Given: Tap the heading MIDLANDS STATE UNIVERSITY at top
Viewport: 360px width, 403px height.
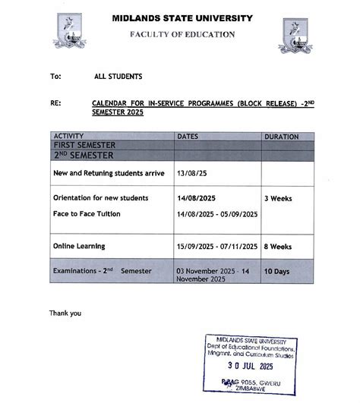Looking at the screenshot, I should [182, 17].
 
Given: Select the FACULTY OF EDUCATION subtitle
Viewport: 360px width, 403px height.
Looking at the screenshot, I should [182, 34].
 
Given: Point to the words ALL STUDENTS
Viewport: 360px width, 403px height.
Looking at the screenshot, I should [118, 76].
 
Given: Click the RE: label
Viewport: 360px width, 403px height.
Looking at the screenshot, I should [55, 102].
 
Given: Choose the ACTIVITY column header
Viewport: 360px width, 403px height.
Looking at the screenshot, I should [69, 136].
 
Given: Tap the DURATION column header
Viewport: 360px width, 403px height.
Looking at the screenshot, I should [282, 137].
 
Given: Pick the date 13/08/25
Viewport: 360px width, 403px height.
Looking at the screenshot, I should [191, 173].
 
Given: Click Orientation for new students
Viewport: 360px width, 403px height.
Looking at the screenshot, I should [100, 197].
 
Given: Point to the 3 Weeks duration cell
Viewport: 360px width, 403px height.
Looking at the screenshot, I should [278, 197].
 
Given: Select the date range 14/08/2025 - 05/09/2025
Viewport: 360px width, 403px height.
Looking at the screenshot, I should [217, 214].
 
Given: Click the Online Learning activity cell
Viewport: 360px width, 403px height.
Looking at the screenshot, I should [79, 246].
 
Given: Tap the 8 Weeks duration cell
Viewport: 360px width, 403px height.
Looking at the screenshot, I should [278, 247].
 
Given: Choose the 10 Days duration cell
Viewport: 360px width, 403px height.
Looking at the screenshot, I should [278, 271].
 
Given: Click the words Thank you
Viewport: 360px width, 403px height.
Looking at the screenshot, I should [65, 313].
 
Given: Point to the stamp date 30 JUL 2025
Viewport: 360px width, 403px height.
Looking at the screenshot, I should [250, 364].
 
